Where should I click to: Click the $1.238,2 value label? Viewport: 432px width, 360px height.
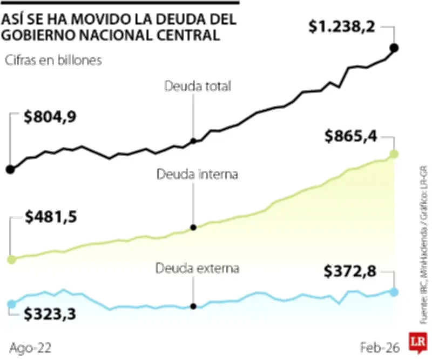tap(341, 26)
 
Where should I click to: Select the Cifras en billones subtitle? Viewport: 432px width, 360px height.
tap(53, 61)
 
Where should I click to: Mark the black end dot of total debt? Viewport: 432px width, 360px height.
tap(394, 48)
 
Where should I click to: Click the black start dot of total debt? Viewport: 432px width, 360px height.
tap(10, 169)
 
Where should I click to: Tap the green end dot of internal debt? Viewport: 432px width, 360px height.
tap(394, 154)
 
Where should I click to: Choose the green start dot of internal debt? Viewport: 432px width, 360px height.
tap(10, 259)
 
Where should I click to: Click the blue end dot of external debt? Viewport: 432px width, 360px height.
tap(394, 292)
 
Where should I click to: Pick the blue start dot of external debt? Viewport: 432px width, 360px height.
tap(11, 304)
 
